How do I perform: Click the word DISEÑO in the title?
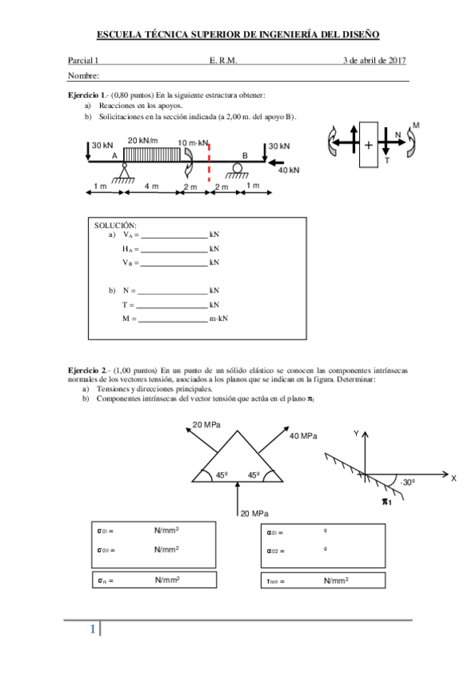pos(357,34)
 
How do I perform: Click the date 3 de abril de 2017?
pos(375,60)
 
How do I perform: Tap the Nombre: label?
pos(83,76)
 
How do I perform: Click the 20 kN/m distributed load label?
pos(143,141)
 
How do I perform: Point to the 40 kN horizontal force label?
pos(288,170)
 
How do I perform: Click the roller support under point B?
pos(235,169)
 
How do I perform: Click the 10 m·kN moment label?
pos(193,143)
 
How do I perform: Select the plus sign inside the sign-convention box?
pos(369,145)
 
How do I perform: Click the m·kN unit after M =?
pos(219,319)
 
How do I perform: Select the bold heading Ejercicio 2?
pos(91,370)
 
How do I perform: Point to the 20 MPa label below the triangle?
pos(256,513)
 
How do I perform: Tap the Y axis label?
pos(357,433)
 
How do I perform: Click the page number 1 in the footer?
pos(92,630)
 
